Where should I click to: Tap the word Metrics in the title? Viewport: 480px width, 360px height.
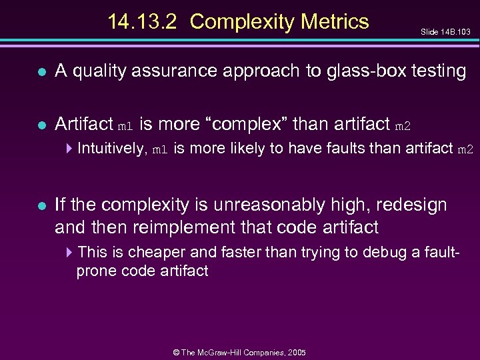tap(335, 22)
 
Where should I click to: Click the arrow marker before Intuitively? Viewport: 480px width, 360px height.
tap(71, 149)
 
